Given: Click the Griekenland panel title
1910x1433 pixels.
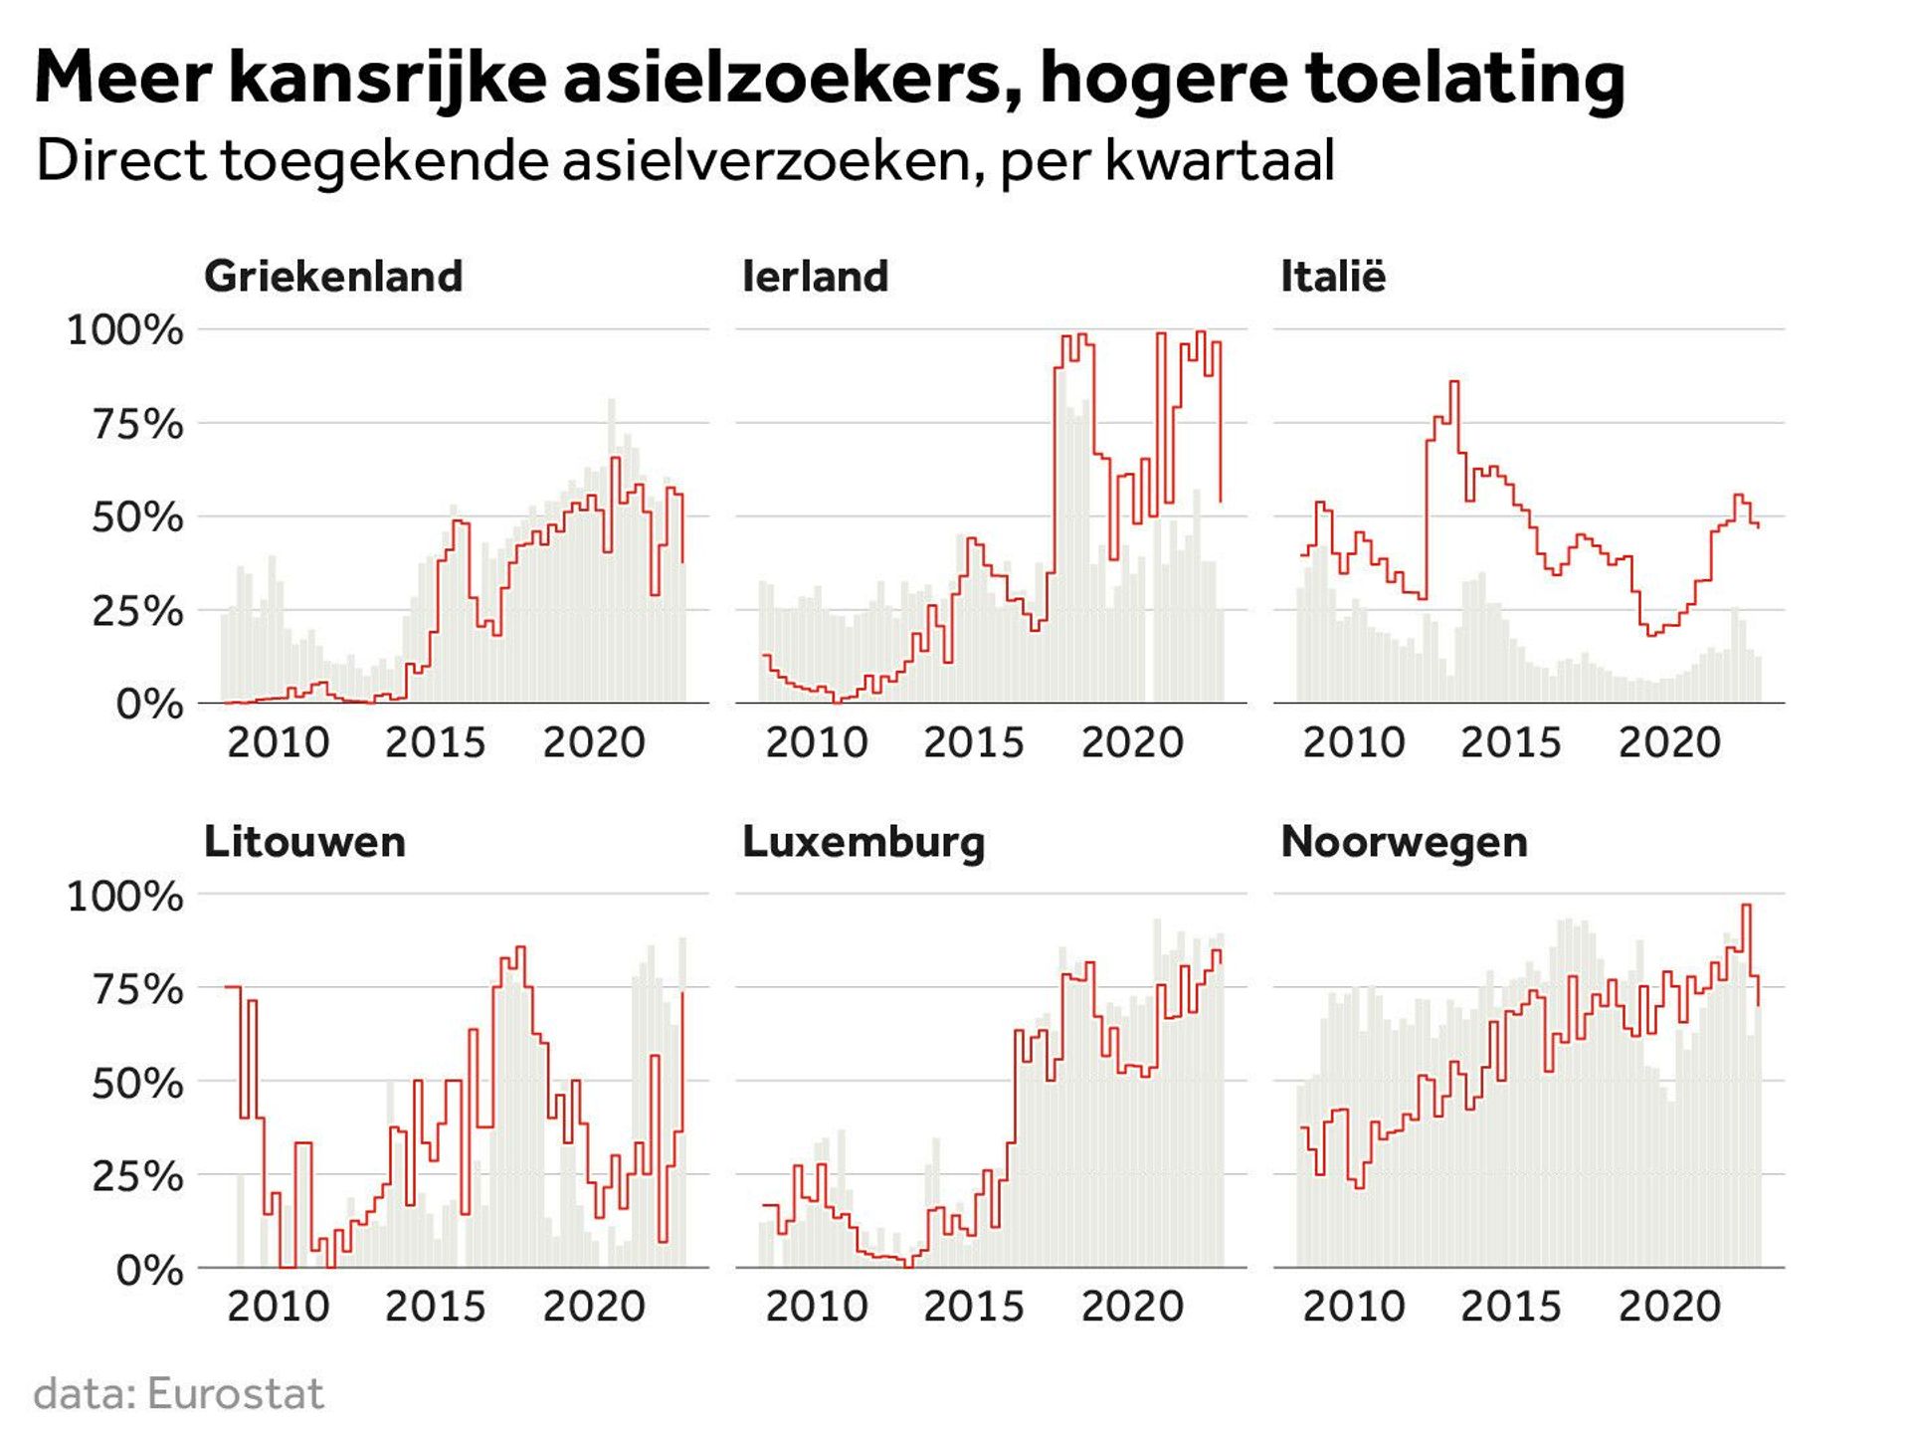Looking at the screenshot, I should click(333, 276).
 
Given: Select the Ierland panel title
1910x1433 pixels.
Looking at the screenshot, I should click(815, 276).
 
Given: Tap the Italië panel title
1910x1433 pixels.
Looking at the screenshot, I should click(1332, 276).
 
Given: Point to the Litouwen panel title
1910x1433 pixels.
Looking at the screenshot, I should click(304, 841).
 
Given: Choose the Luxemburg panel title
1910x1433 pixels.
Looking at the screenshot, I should click(863, 841).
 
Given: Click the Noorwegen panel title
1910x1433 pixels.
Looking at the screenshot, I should click(1404, 841).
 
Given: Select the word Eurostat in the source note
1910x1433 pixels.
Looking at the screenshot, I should click(236, 1393).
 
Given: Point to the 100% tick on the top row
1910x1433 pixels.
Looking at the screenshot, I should click(125, 329).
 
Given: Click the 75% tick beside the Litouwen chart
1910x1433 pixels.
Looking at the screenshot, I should click(138, 989).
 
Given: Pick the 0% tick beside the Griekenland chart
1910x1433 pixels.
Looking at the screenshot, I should click(150, 704).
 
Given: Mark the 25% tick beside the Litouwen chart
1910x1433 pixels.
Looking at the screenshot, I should click(138, 1176).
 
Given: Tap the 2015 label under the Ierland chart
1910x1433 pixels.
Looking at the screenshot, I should click(973, 742).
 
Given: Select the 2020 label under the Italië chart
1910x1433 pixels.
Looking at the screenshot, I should click(1668, 742).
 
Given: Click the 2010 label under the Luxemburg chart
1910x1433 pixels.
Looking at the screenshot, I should click(816, 1307).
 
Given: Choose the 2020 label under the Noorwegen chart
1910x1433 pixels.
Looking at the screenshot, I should click(1668, 1307).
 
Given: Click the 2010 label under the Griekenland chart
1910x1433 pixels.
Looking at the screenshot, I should click(278, 742).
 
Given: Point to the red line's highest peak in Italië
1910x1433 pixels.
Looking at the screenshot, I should click(1453, 382).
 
